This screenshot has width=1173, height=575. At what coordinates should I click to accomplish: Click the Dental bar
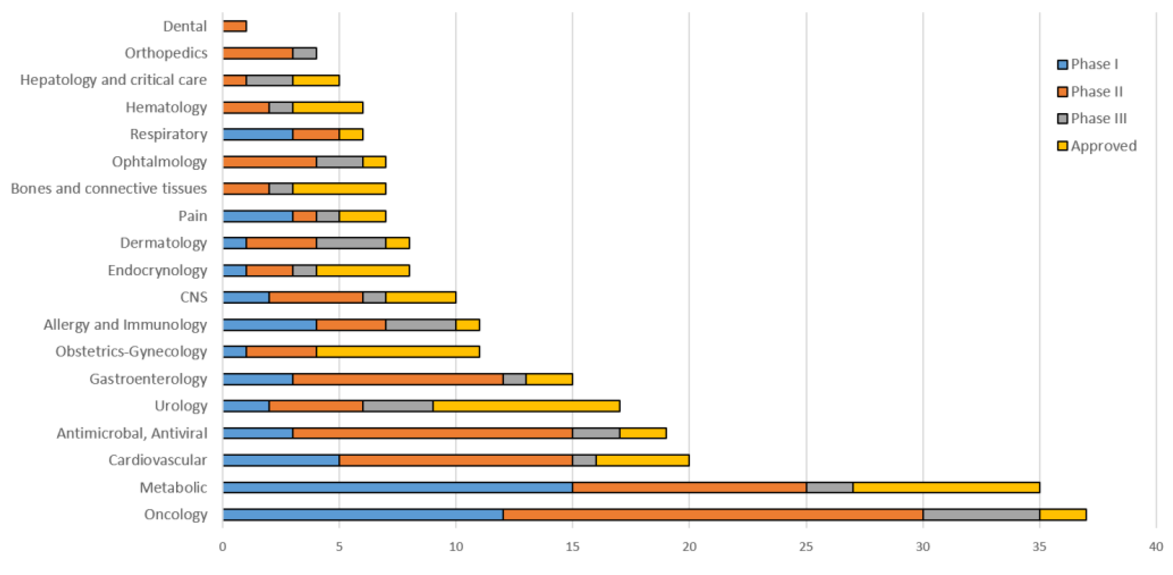tap(235, 26)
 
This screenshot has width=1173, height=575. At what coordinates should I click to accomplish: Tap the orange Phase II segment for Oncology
tap(713, 515)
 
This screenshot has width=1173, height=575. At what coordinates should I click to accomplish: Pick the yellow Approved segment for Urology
tap(526, 406)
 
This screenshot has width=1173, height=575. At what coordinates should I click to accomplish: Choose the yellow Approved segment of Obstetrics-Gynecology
tap(398, 352)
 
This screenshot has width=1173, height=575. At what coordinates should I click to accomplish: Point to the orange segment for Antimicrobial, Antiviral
tap(432, 433)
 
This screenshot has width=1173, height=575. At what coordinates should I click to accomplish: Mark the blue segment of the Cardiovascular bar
tap(281, 460)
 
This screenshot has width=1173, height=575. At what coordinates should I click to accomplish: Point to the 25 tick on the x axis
tap(806, 546)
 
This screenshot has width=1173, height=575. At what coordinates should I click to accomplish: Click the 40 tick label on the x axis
tap(1156, 546)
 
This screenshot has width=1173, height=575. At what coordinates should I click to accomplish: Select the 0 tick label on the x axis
tap(223, 546)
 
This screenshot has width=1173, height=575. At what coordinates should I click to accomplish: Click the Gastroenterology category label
tap(148, 378)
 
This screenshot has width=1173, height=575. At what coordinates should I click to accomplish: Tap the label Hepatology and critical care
tap(113, 80)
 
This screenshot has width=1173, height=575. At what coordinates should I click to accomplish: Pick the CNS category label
tap(193, 297)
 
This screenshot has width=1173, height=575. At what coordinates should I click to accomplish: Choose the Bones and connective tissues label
tap(109, 188)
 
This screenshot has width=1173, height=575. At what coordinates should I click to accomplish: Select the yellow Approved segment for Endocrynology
tap(363, 270)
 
